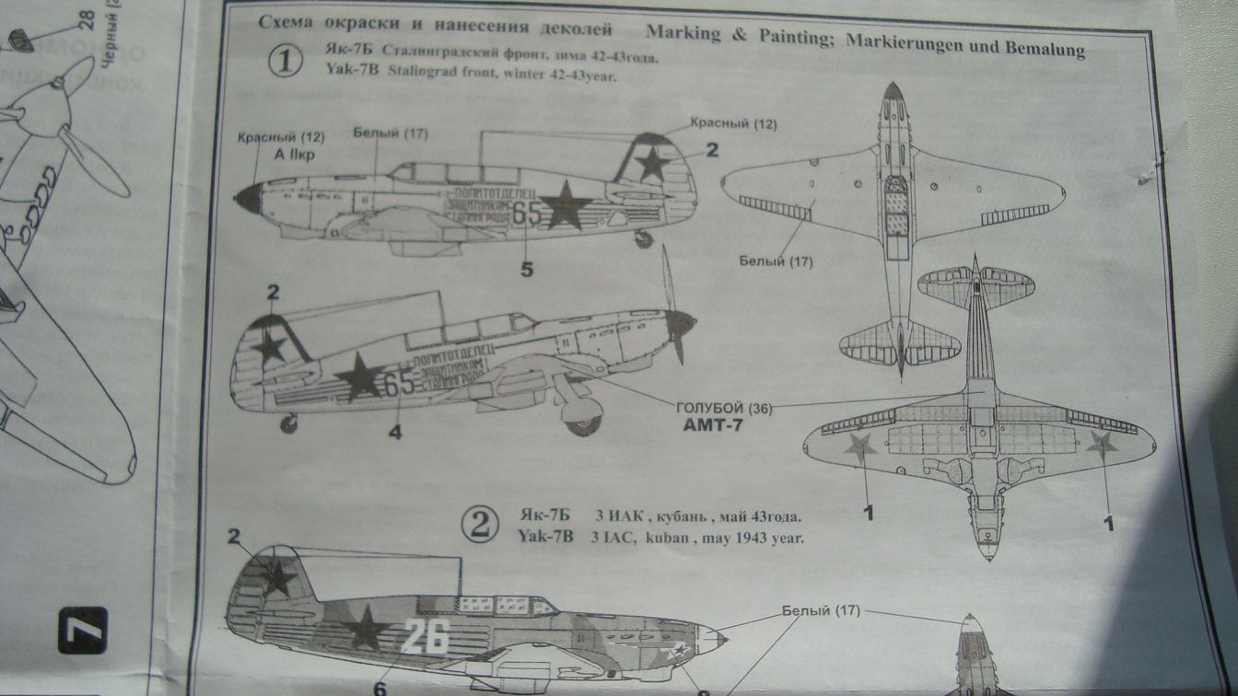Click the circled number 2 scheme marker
(x=479, y=526)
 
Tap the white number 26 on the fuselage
(x=425, y=635)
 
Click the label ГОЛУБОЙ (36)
(x=724, y=408)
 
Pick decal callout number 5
(x=526, y=270)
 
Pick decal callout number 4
(x=394, y=430)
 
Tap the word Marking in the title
(x=683, y=32)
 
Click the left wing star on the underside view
(x=858, y=447)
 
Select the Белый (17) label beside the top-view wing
(x=776, y=261)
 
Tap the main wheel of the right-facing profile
(x=583, y=423)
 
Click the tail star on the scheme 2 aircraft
(x=276, y=576)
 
